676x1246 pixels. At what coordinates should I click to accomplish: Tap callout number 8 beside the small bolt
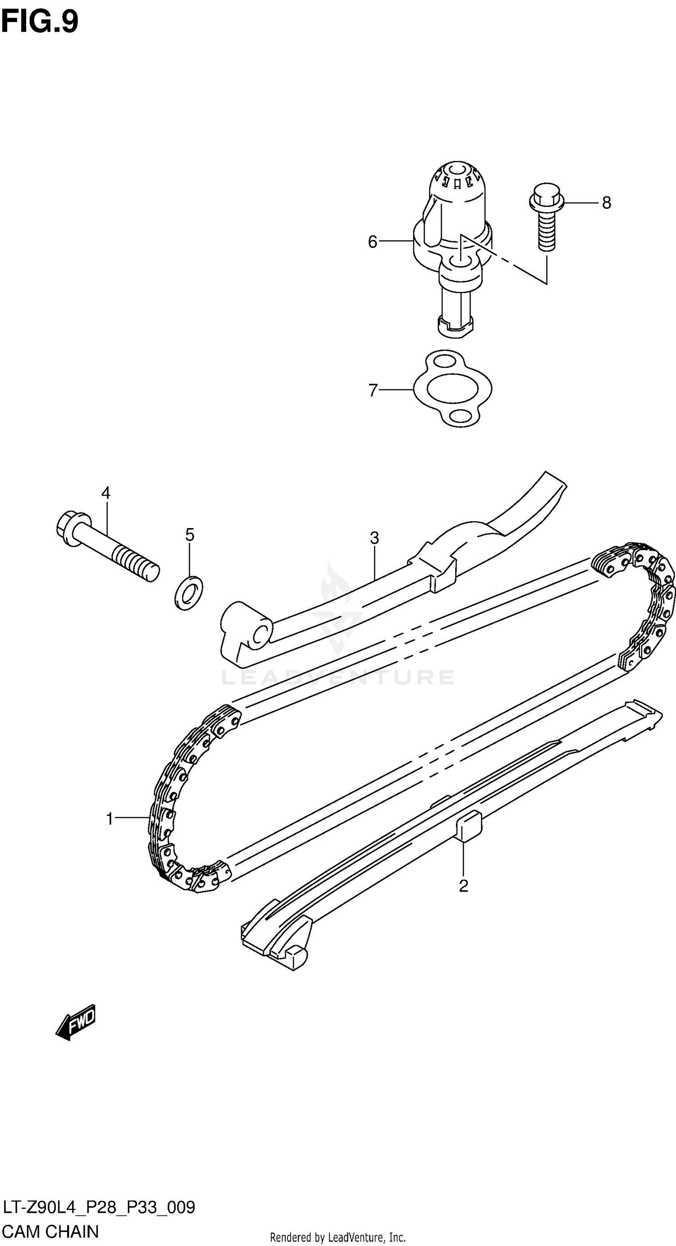pyautogui.click(x=606, y=202)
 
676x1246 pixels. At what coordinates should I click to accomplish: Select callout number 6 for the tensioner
pyautogui.click(x=372, y=241)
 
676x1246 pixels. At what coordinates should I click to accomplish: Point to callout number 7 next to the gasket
pyautogui.click(x=373, y=390)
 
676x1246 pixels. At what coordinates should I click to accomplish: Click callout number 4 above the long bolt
pyautogui.click(x=106, y=493)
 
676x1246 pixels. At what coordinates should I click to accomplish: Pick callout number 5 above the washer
pyautogui.click(x=190, y=534)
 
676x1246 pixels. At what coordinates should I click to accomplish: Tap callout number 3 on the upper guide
pyautogui.click(x=374, y=538)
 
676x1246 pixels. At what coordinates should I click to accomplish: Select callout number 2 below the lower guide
pyautogui.click(x=463, y=886)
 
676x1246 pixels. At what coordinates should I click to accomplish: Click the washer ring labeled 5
pyautogui.click(x=188, y=593)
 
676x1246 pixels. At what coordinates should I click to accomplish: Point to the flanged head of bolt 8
pyautogui.click(x=546, y=195)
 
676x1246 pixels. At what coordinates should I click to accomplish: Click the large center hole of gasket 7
pyautogui.click(x=452, y=388)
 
